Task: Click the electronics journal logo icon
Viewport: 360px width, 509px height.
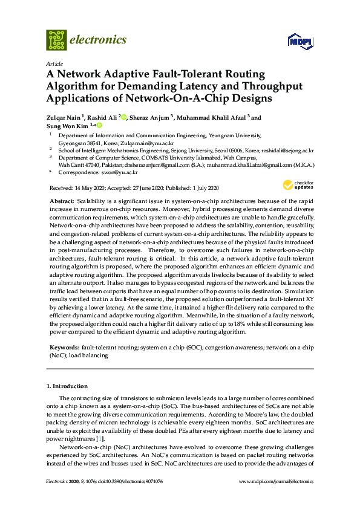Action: click(56, 40)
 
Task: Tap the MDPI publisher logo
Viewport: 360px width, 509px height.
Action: click(299, 41)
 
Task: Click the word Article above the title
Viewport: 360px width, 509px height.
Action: click(53, 63)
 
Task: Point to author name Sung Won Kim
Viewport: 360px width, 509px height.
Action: click(67, 126)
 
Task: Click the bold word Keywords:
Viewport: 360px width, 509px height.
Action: click(64, 348)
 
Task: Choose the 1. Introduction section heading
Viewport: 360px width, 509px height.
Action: click(67, 386)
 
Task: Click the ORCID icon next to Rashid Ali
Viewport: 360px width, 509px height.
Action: click(123, 117)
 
